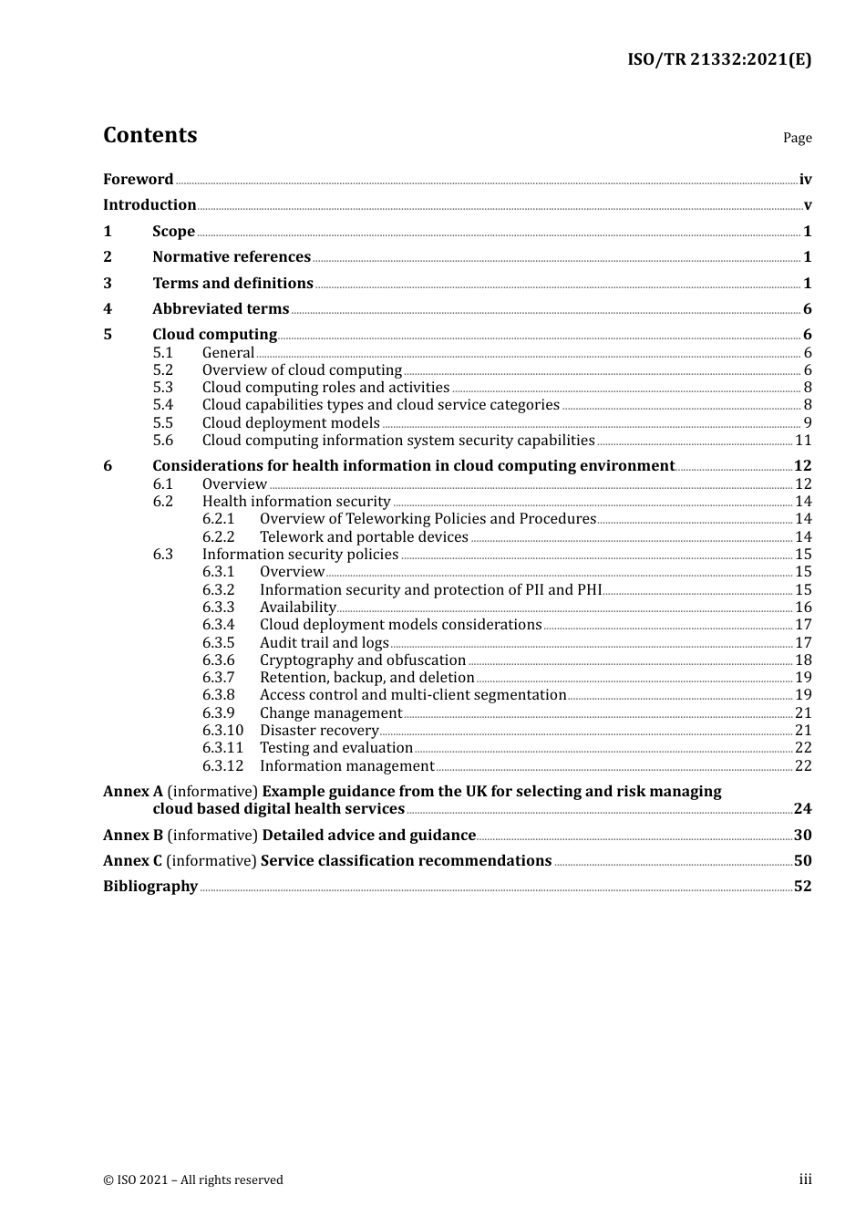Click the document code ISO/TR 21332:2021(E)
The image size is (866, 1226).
[x=719, y=60]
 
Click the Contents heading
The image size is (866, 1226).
[x=149, y=135]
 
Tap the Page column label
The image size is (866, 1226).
[x=797, y=138]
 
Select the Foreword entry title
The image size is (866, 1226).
[x=138, y=180]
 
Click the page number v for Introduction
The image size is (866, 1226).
[x=807, y=205]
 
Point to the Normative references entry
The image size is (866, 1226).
[x=232, y=257]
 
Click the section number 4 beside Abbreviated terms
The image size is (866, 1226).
[x=108, y=309]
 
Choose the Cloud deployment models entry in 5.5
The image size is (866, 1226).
[x=291, y=423]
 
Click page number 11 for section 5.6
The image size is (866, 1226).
[x=803, y=441]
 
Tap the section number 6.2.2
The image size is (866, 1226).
[x=218, y=537]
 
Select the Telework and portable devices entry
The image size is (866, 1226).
[x=364, y=537]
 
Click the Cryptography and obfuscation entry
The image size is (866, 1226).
[x=363, y=660]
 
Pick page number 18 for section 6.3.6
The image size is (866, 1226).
[x=803, y=660]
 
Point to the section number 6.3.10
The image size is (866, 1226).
[x=222, y=731]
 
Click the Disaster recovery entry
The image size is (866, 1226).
[x=319, y=731]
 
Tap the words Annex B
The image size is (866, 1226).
[x=133, y=836]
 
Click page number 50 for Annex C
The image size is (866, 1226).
[x=802, y=861]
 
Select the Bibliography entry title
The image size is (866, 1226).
[x=150, y=887]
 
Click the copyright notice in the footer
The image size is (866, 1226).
[x=193, y=1180]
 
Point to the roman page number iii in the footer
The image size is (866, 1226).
[x=805, y=1179]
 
